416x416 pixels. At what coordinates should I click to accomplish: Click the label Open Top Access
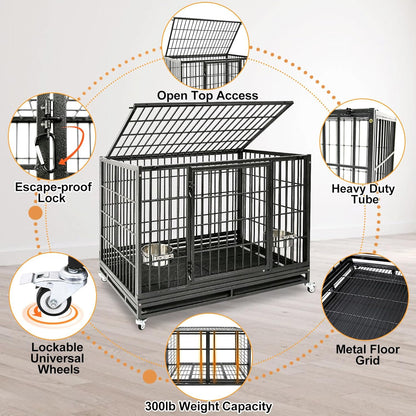point(206,96)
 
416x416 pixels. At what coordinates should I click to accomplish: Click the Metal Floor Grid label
point(367,353)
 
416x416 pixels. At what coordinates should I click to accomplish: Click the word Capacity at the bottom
point(246,405)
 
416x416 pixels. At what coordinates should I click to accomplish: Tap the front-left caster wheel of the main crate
point(139,323)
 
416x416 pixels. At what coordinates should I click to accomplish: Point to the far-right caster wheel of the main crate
point(310,288)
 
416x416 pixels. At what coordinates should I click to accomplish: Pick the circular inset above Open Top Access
point(206,46)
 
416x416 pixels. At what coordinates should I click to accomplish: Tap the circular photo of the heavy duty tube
point(360,146)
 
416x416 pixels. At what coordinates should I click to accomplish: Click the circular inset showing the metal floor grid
point(367,297)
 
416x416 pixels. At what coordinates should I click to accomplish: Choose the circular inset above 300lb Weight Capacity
point(208,354)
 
